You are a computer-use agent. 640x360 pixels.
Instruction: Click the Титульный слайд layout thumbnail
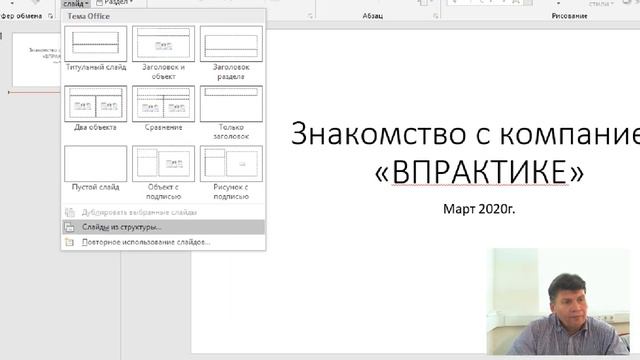click(95, 44)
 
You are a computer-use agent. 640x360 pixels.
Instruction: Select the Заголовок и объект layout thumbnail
click(163, 44)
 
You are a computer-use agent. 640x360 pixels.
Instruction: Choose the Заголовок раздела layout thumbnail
click(231, 44)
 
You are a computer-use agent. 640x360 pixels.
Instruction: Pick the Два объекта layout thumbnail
click(95, 103)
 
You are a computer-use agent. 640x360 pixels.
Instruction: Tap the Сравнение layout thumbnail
click(163, 103)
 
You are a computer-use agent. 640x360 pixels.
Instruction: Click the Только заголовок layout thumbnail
click(231, 103)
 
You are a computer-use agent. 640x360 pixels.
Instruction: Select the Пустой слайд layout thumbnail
click(95, 163)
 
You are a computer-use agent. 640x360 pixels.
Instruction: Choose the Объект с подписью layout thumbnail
click(163, 163)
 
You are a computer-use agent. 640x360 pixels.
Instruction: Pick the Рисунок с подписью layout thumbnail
click(231, 163)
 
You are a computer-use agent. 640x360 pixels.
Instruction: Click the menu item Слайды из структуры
click(122, 227)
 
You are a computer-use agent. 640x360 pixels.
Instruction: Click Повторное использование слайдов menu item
click(146, 242)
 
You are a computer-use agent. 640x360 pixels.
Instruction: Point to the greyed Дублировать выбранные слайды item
click(139, 212)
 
